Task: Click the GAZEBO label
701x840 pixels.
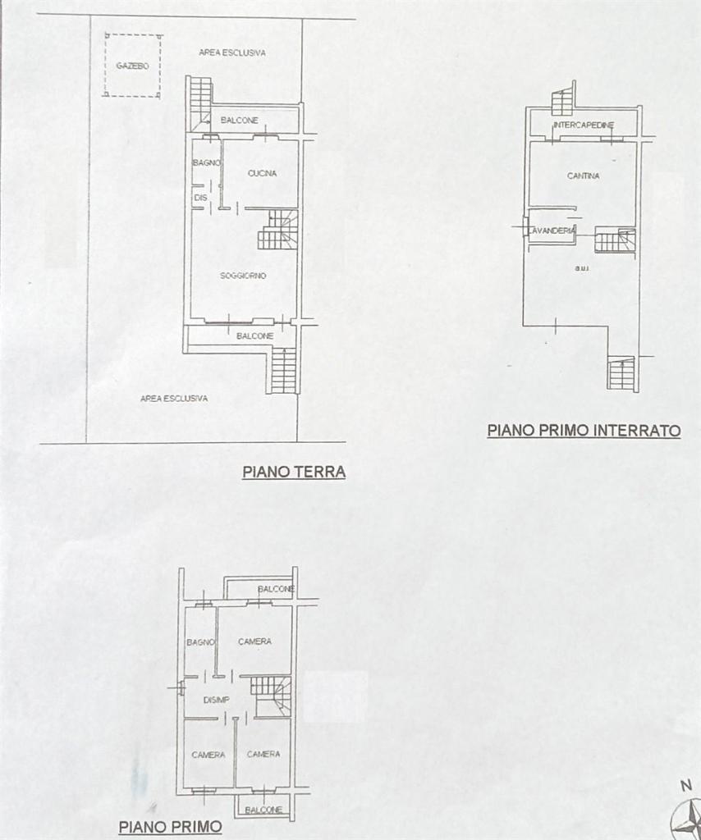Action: (x=132, y=66)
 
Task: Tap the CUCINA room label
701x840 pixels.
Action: (x=262, y=173)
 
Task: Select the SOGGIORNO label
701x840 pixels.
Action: (x=243, y=276)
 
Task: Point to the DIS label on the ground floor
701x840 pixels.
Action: (x=200, y=198)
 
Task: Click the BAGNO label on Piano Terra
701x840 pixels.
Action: (x=207, y=162)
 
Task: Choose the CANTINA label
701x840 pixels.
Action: (x=584, y=176)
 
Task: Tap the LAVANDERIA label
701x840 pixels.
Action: (x=552, y=231)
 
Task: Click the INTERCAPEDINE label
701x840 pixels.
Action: (x=584, y=125)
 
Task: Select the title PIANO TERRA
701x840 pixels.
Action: (x=294, y=472)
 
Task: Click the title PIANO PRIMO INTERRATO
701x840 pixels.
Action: (x=584, y=430)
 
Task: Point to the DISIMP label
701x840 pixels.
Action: (x=217, y=701)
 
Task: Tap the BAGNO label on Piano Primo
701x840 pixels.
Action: (x=201, y=641)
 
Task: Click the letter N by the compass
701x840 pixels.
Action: (x=686, y=786)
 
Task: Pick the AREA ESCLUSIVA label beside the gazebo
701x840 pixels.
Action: (x=232, y=52)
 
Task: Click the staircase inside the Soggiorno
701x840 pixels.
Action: (x=277, y=230)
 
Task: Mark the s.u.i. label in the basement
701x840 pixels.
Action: (x=582, y=268)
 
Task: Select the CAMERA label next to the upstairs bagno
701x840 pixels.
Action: (x=255, y=641)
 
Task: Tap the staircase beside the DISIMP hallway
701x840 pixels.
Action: (x=272, y=696)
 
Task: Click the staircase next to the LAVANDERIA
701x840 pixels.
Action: (x=616, y=240)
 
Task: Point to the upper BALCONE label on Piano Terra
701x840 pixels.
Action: (x=240, y=121)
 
